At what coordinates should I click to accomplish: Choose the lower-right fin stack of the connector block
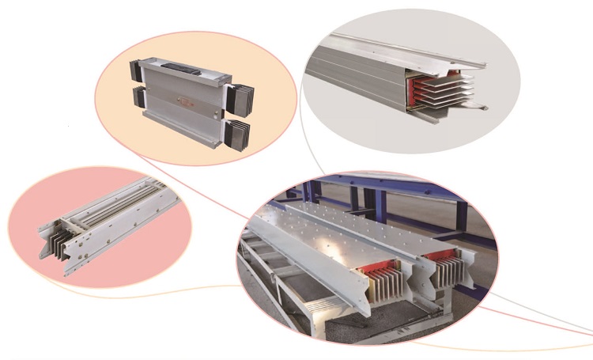coord(238,131)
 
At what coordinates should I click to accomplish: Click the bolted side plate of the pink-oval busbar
coord(119,229)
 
